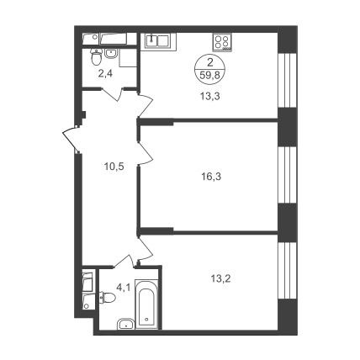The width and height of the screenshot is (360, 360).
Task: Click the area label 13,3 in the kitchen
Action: coord(209,97)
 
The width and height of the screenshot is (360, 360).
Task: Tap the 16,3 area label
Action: coord(211,177)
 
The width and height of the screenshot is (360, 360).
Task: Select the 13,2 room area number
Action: coord(220,278)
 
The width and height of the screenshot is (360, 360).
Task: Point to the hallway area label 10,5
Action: coord(114,167)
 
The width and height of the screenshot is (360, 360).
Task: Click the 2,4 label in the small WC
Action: coord(105,74)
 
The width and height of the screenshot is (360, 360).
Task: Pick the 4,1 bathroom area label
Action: coord(124,288)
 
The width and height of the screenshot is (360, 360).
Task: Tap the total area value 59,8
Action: coord(209,75)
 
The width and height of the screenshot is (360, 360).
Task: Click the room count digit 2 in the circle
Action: coord(209,62)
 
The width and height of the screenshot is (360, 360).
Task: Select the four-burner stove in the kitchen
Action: coord(222,42)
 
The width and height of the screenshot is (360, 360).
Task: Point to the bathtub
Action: coord(146,304)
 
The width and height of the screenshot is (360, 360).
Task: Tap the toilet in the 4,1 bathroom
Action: coord(108,297)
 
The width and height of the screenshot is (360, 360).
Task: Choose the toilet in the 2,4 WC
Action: coord(97,57)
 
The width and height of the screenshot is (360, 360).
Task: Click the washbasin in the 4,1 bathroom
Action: coord(126,324)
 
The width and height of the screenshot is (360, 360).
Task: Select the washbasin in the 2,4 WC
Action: coord(111,53)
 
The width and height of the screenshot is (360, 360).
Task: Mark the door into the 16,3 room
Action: coord(146,153)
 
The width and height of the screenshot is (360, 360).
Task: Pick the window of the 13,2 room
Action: coord(287,271)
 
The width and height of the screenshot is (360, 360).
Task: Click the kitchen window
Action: coord(287,81)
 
